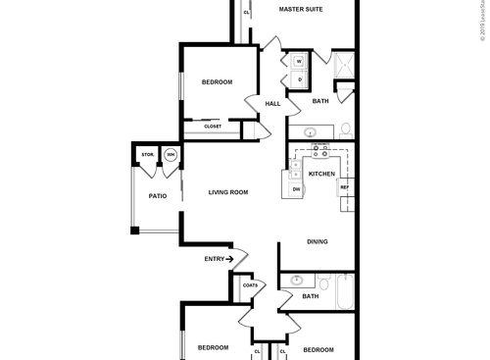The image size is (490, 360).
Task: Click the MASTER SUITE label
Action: click(301, 9)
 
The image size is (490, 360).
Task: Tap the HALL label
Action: click(272, 103)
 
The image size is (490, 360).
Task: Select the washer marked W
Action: click(298, 62)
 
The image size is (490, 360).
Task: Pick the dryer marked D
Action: click(298, 79)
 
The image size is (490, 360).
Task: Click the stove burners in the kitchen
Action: click(320, 151)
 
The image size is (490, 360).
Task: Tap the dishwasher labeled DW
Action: click(296, 188)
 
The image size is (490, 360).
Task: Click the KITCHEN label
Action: click(321, 174)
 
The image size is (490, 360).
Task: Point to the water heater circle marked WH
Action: click(170, 155)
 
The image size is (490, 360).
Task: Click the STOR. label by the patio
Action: click(147, 155)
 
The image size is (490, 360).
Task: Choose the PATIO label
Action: click(157, 196)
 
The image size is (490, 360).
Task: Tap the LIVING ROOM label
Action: click(227, 192)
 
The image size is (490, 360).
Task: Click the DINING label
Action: click(317, 241)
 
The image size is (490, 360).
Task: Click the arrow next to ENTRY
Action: click(232, 259)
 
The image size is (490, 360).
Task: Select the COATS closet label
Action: click(250, 285)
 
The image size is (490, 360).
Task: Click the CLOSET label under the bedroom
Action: click(213, 126)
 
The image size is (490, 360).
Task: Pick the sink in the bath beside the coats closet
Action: click(296, 281)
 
